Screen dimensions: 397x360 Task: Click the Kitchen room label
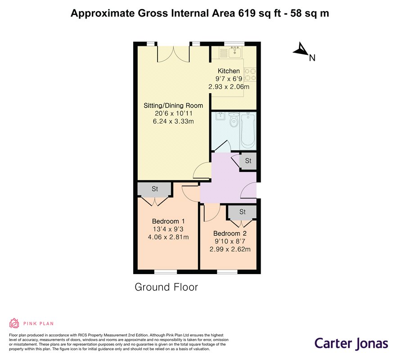pyautogui.click(x=229, y=71)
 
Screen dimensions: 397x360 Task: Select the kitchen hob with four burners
pyautogui.click(x=250, y=75)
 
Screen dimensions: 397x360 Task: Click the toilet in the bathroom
pyautogui.click(x=233, y=120)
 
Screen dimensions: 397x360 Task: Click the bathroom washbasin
pyautogui.click(x=219, y=117)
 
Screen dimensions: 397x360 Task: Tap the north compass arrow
pyautogui.click(x=301, y=49)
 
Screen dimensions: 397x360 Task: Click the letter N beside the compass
pyautogui.click(x=312, y=58)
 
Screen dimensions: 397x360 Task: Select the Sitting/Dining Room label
pyautogui.click(x=173, y=106)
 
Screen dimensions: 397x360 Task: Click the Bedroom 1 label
pyautogui.click(x=168, y=221)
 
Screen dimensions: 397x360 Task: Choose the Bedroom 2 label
pyautogui.click(x=230, y=233)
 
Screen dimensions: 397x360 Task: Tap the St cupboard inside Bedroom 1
pyautogui.click(x=155, y=189)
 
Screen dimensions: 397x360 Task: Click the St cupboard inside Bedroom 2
pyautogui.click(x=242, y=211)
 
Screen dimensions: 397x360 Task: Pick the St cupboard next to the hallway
pyautogui.click(x=248, y=161)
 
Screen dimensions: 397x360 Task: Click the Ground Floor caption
pyautogui.click(x=166, y=287)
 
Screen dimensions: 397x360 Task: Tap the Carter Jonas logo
pyautogui.click(x=352, y=343)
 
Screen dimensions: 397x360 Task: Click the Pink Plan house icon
pyautogui.click(x=14, y=323)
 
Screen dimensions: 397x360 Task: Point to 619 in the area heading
pyautogui.click(x=247, y=13)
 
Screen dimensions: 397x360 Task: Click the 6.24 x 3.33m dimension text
pyautogui.click(x=173, y=121)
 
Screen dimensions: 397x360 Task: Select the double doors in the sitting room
pyautogui.click(x=173, y=54)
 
